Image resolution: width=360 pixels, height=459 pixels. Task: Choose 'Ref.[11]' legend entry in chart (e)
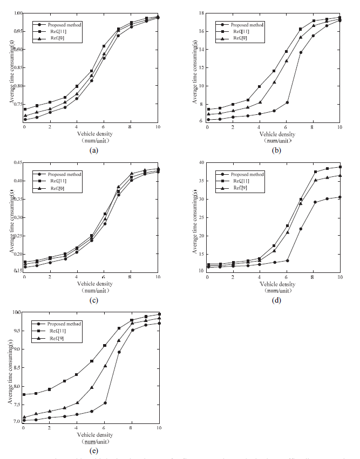coord(57,331)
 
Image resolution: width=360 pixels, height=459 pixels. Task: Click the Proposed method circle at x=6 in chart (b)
coord(287,102)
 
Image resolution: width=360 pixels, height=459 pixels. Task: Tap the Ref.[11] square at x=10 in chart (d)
coord(340,167)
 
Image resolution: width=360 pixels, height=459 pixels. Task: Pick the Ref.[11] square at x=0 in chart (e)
coord(24,395)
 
